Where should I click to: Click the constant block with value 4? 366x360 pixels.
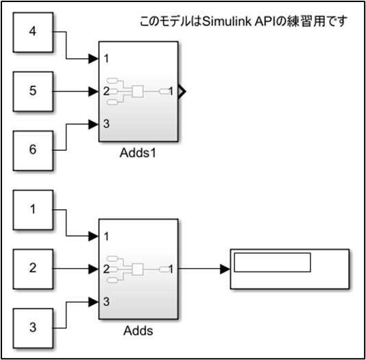coord(33,32)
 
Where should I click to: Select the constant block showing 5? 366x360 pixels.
coord(33,91)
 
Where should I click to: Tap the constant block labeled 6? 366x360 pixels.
coord(33,151)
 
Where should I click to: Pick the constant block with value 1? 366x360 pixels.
coord(33,210)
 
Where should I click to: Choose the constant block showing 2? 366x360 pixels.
coord(33,269)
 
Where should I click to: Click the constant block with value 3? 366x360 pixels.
coord(33,328)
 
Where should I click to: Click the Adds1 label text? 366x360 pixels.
coord(138,153)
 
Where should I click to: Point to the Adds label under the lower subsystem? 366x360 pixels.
coord(138,331)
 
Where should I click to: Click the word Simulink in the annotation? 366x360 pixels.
coord(227,21)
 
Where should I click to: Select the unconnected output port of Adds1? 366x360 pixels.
coord(182,91)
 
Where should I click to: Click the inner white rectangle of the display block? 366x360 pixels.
coord(272,262)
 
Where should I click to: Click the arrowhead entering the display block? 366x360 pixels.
coord(225,269)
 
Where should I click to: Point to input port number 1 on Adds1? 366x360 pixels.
coord(106,58)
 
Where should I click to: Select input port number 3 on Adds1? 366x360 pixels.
coord(106,123)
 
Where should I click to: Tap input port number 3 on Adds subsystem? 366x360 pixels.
coord(106,302)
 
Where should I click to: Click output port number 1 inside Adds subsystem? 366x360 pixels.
coord(171,269)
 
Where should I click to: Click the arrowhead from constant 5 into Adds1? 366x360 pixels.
coord(94,91)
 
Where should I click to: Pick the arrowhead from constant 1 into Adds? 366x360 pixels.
coord(94,237)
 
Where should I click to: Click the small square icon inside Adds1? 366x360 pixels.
coord(138,91)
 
